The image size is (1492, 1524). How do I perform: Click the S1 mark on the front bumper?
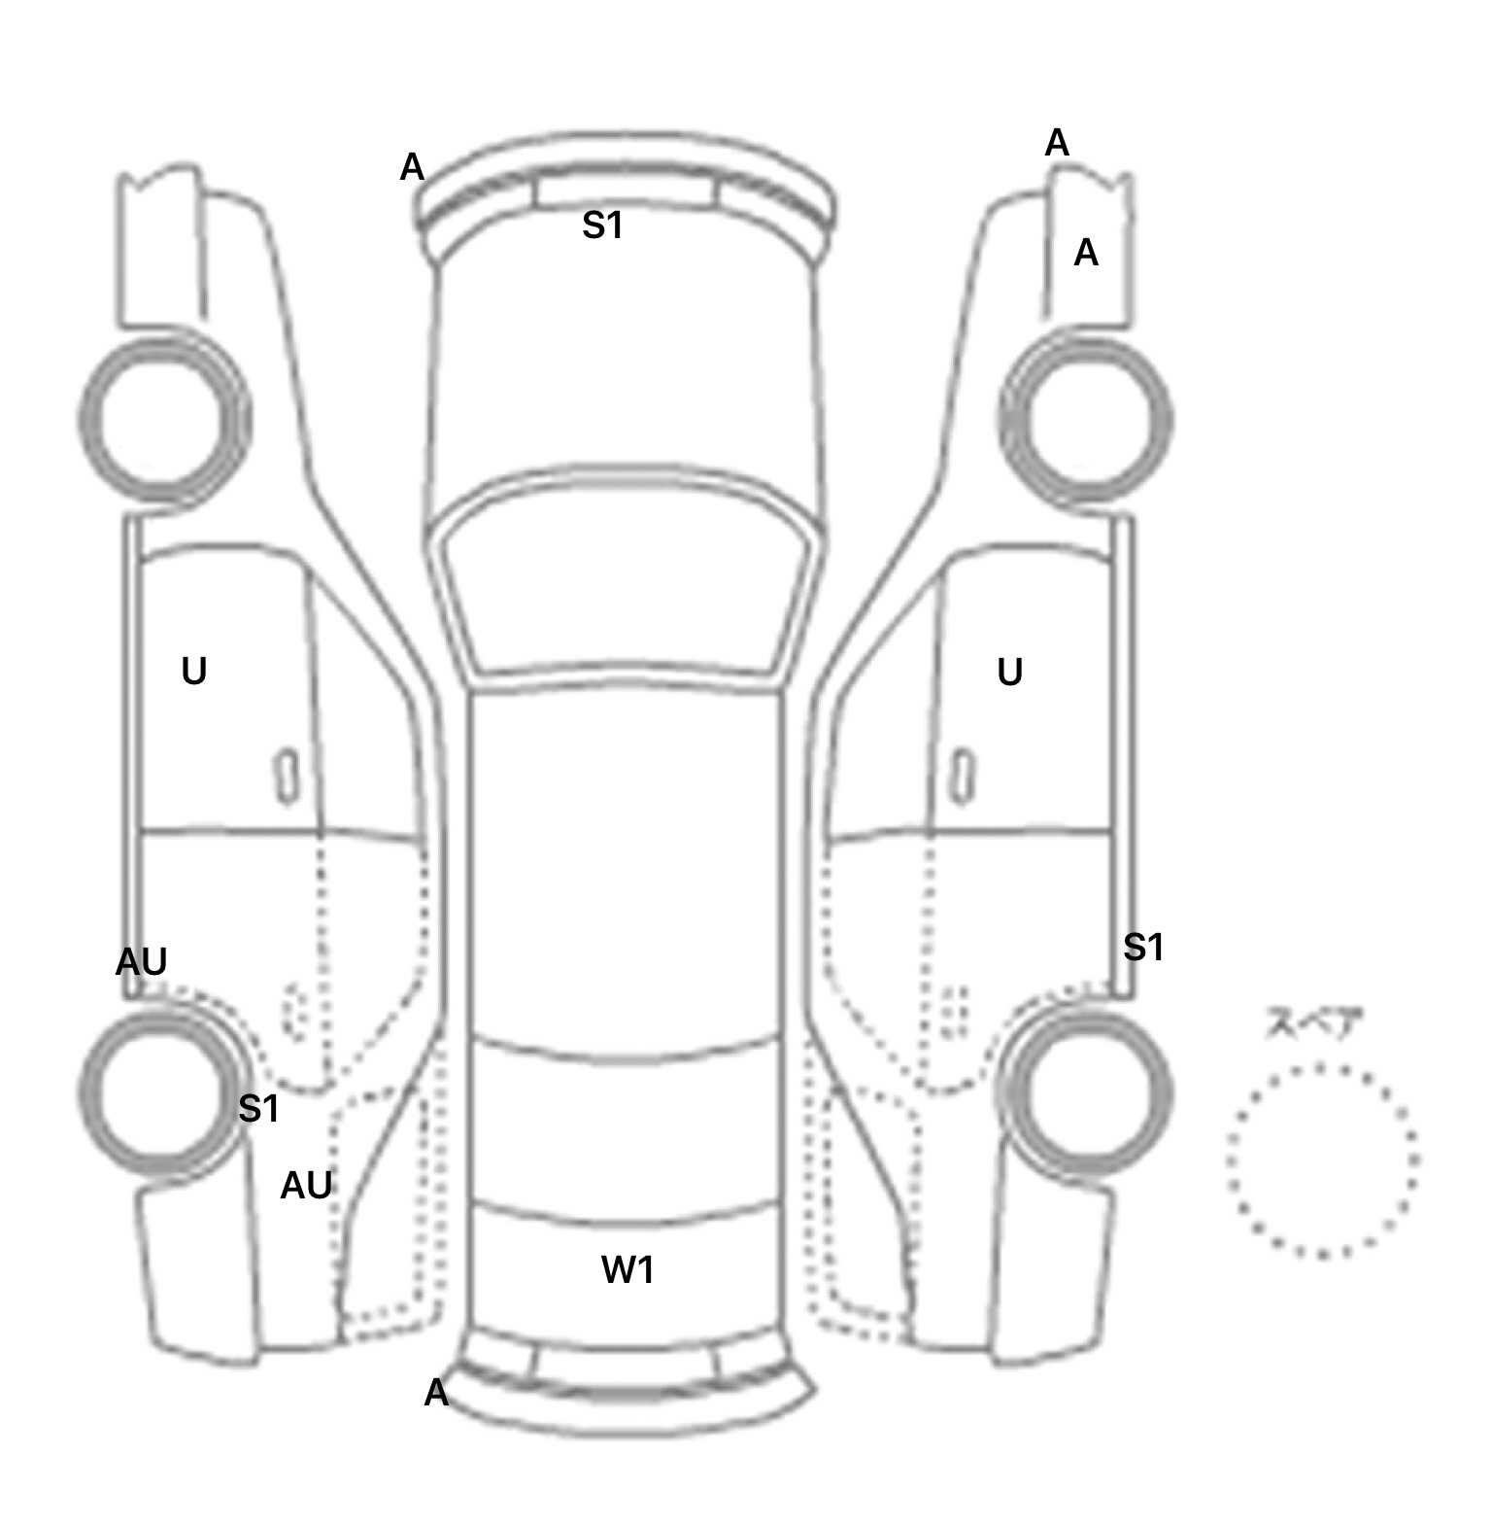coord(602,225)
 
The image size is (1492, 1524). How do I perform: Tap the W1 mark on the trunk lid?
coord(627,1269)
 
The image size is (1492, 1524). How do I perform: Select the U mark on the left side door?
coord(194,672)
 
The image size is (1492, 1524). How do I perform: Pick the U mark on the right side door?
coord(1010,673)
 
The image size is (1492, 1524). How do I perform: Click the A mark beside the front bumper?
coord(412,168)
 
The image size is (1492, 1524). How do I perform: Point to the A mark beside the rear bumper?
coord(436,1394)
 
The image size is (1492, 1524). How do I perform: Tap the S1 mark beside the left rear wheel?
coord(258,1108)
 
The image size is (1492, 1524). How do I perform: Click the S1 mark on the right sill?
coord(1142,947)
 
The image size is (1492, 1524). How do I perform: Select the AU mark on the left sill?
coord(142,962)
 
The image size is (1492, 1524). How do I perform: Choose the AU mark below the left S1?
coord(306,1186)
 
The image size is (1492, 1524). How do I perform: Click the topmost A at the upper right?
coord(1057,144)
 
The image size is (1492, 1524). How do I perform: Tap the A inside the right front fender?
coord(1086,254)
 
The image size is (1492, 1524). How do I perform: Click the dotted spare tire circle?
coord(1322,1160)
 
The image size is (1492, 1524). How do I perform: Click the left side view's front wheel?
coord(163,420)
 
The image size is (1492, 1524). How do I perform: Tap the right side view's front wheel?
coord(1086,420)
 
